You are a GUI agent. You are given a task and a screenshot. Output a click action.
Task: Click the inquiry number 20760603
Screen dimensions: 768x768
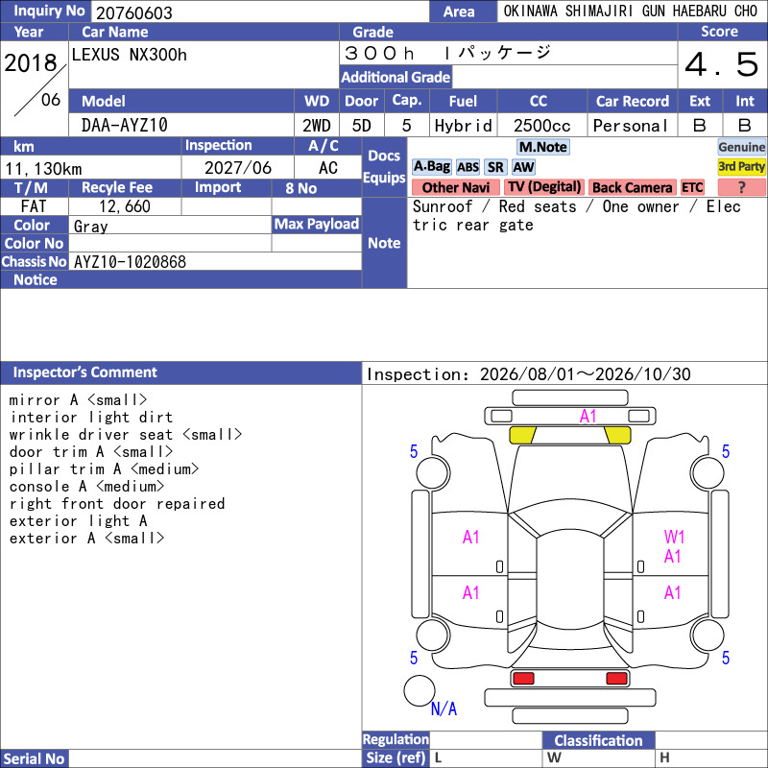134,12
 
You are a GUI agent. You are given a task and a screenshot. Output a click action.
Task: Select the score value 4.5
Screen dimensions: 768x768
722,64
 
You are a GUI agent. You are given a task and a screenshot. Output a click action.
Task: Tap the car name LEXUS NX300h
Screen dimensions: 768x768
130,55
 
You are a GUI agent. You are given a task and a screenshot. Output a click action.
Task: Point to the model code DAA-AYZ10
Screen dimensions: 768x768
125,126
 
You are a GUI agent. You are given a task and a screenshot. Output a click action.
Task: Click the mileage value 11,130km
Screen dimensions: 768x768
43,169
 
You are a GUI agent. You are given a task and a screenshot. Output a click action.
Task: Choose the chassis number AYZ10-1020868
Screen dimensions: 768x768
130,262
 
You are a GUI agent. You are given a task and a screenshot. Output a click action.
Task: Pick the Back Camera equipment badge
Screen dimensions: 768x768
632,187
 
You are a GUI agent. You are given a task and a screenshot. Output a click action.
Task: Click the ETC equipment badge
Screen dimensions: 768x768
692,187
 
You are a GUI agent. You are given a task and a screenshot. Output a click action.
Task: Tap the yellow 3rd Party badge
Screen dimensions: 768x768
741,166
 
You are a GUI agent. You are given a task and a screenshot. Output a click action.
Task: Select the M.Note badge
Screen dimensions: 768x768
543,147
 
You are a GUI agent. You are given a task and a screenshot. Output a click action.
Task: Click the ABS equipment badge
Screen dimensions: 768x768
468,167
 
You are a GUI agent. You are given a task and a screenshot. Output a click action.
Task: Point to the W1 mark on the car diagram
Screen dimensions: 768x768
674,537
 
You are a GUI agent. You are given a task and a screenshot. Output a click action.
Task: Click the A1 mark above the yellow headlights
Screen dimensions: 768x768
588,417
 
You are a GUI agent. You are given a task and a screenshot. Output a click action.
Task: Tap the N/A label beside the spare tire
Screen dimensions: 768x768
444,708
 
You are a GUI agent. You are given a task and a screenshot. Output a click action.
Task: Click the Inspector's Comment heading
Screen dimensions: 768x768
85,372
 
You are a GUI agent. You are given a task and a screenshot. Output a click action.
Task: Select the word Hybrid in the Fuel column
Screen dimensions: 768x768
463,126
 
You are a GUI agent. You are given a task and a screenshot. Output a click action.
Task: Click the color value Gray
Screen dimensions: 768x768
90,227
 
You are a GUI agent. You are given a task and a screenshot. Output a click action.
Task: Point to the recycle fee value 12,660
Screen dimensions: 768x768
125,206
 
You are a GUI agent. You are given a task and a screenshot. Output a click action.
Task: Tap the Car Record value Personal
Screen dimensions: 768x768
631,126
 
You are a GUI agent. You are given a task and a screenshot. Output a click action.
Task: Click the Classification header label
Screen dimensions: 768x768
598,740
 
